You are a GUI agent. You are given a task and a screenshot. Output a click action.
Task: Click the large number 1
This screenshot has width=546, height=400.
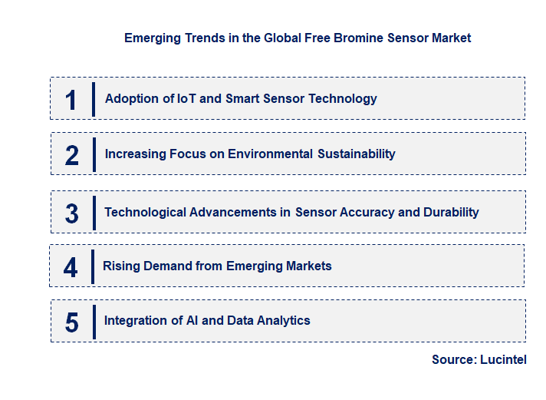click(71, 100)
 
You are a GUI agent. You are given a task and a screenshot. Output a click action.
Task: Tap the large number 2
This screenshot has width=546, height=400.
click(71, 155)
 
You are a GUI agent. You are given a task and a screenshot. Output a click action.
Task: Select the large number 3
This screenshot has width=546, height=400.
click(71, 213)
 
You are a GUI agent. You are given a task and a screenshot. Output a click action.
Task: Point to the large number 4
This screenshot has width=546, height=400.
click(71, 267)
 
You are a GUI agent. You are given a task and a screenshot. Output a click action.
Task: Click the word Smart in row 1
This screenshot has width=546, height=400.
click(242, 98)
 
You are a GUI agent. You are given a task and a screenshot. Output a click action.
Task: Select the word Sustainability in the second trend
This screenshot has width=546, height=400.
click(357, 154)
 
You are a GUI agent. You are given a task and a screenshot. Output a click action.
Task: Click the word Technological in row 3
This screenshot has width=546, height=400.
click(143, 212)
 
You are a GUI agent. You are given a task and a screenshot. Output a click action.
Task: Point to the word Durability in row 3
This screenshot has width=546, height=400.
click(451, 212)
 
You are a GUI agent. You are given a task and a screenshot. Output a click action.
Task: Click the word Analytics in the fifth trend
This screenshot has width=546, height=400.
click(284, 320)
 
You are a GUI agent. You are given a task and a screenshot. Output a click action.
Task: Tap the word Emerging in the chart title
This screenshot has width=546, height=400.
click(151, 38)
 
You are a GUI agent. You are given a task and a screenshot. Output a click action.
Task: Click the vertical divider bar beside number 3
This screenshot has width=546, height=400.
click(94, 213)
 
